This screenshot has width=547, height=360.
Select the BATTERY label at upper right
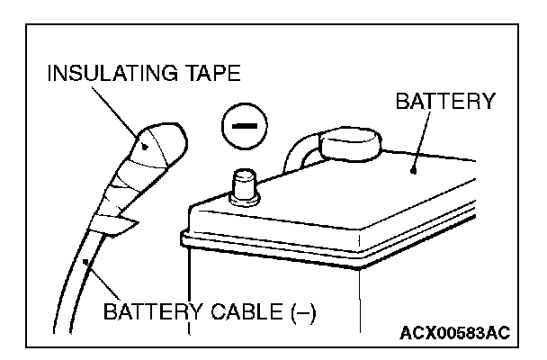tap(445, 101)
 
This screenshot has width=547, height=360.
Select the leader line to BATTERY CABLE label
tap(98, 280)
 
